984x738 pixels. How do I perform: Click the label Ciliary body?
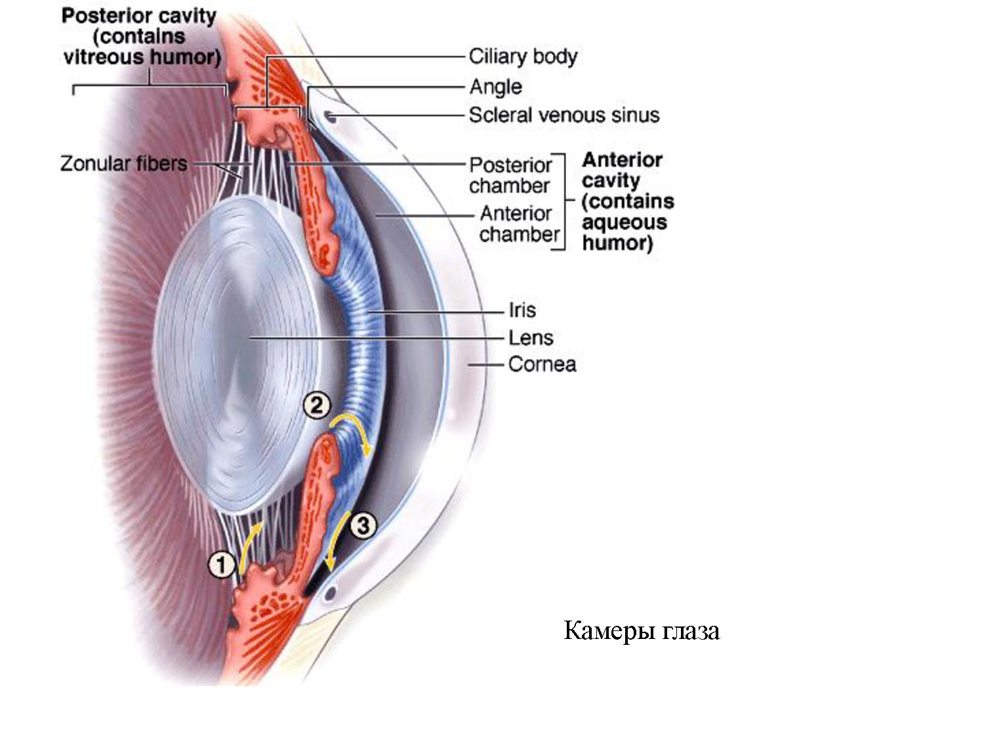[523, 56]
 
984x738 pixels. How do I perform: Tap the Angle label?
[496, 87]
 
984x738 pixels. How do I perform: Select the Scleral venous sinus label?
[564, 115]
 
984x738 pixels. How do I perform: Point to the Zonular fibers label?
[123, 163]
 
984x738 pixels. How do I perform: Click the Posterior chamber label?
[510, 175]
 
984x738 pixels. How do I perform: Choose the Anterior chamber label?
[519, 224]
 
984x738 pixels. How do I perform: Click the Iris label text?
[522, 310]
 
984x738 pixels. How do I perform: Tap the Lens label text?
[531, 338]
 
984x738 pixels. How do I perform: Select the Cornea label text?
[542, 364]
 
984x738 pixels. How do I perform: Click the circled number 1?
[222, 565]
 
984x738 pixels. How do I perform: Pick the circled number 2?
[317, 405]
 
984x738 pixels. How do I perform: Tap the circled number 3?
[363, 525]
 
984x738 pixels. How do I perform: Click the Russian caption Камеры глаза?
[642, 630]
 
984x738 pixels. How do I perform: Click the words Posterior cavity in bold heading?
[138, 16]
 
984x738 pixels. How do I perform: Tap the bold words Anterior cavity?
[622, 170]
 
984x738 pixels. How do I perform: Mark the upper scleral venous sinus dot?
[330, 117]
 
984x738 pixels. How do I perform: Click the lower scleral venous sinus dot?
[330, 594]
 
